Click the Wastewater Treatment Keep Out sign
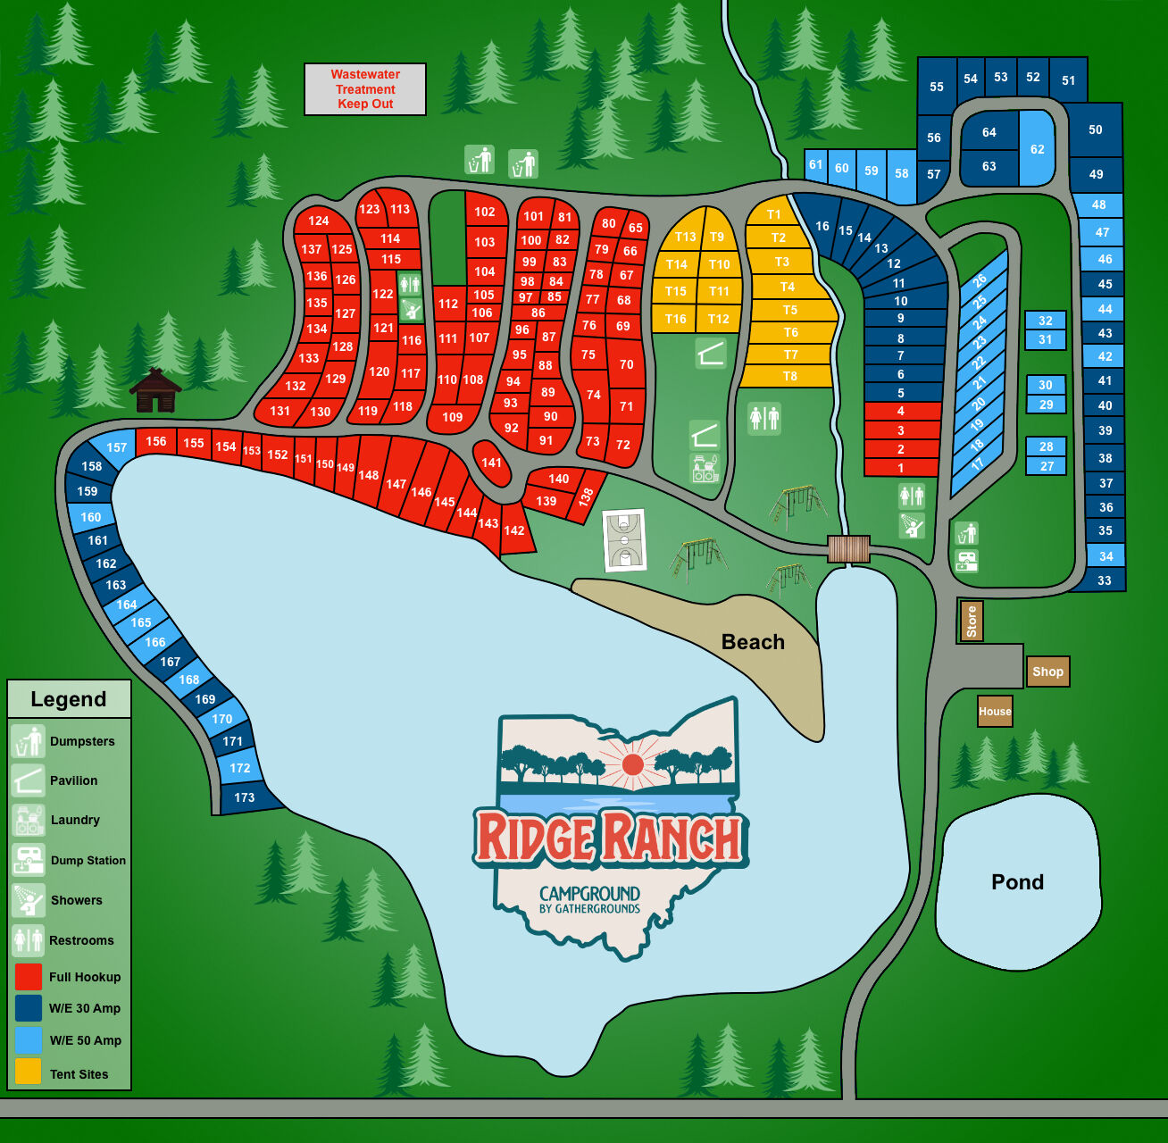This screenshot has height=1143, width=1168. coord(365,89)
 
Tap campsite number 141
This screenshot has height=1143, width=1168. coord(491,463)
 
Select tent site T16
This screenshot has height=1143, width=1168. coord(675,319)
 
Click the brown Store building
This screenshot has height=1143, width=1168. coord(972,621)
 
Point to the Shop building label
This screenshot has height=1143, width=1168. coord(1047,672)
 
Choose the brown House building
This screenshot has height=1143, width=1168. coord(995,712)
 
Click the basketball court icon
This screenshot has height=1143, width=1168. coord(624,540)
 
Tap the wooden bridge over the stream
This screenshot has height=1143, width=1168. coord(847,549)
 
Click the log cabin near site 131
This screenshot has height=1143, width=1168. coord(155,391)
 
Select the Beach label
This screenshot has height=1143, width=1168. coord(753,642)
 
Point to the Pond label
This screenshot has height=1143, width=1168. coord(1017,882)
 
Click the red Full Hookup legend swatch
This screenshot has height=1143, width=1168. coord(29,977)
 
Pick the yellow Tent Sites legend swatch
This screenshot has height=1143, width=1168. coord(29,1072)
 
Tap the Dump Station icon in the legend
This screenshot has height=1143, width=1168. coord(29,860)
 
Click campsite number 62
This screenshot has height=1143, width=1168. coord(1037,148)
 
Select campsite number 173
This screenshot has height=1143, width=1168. coord(245,797)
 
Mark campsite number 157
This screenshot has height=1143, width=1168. coord(116,447)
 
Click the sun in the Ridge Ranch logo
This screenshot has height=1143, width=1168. coord(632,764)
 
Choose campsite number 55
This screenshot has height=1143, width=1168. coord(936,87)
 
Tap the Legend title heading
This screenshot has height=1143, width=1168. coord(69,699)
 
